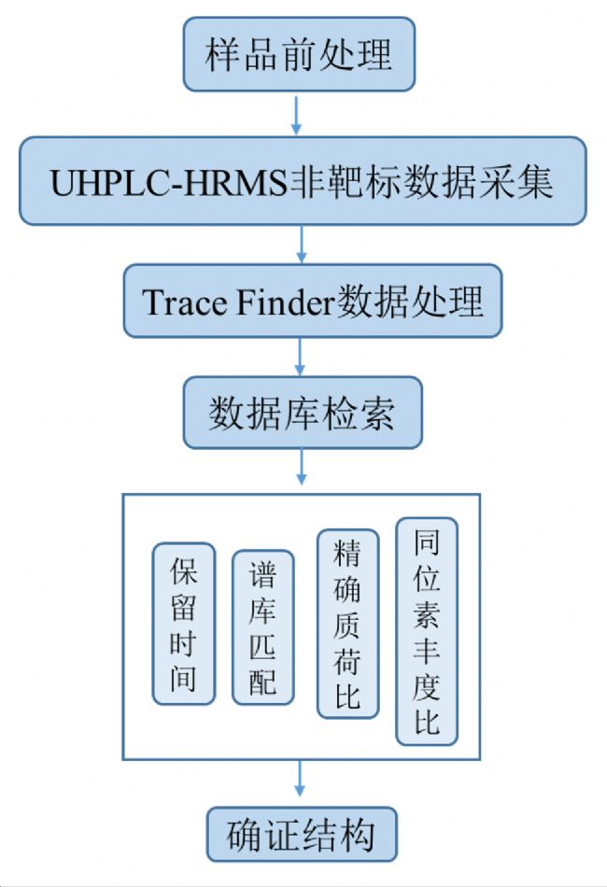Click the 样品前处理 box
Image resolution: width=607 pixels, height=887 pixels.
click(299, 54)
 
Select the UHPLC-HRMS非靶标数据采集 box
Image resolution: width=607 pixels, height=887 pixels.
click(302, 181)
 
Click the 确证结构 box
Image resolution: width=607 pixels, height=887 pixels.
click(301, 835)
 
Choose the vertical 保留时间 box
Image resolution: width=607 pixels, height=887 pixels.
click(184, 624)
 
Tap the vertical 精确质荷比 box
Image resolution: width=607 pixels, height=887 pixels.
click(347, 624)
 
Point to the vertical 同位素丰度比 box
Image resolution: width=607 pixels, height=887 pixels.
click(427, 631)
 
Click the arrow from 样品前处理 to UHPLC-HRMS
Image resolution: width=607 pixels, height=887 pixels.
click(298, 114)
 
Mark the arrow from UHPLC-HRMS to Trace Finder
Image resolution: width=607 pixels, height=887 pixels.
click(301, 245)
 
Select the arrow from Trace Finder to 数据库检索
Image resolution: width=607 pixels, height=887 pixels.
click(301, 357)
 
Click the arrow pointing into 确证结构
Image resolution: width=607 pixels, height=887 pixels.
click(301, 782)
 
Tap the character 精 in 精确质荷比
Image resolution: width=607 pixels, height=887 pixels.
click(347, 557)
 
